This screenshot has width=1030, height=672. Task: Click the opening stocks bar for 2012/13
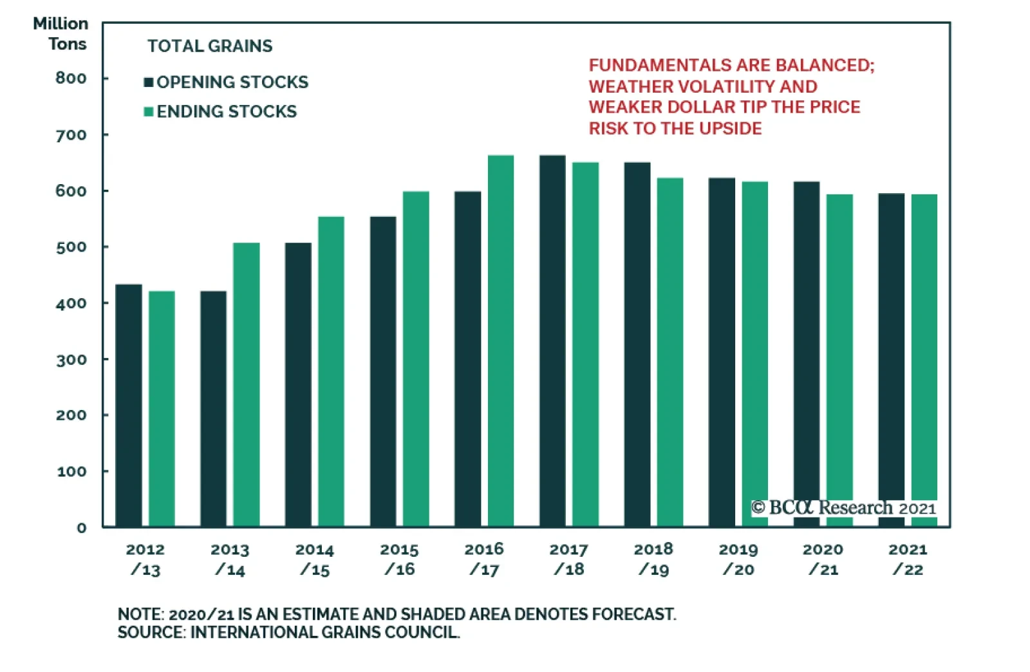pos(129,406)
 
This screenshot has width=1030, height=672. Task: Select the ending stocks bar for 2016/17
pos(500,341)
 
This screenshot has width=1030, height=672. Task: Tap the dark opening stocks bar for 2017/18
pos(552,341)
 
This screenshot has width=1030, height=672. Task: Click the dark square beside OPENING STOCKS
pos(149,82)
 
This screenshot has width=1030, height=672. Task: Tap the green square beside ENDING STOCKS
pos(149,112)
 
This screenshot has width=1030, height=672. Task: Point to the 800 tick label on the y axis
pos(71,79)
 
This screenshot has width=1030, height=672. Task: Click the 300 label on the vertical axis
pos(71,360)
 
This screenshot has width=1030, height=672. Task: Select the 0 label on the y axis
pos(82,528)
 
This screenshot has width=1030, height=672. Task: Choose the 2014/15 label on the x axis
pos(315,559)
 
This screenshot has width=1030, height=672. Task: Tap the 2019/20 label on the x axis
pos(738,559)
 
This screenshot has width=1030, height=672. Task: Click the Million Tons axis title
pos(62,33)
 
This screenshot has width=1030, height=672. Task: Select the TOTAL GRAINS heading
pos(210,46)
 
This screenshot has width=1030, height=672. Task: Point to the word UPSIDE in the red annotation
pos(730,129)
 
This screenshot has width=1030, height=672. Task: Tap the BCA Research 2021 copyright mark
pos(843,508)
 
